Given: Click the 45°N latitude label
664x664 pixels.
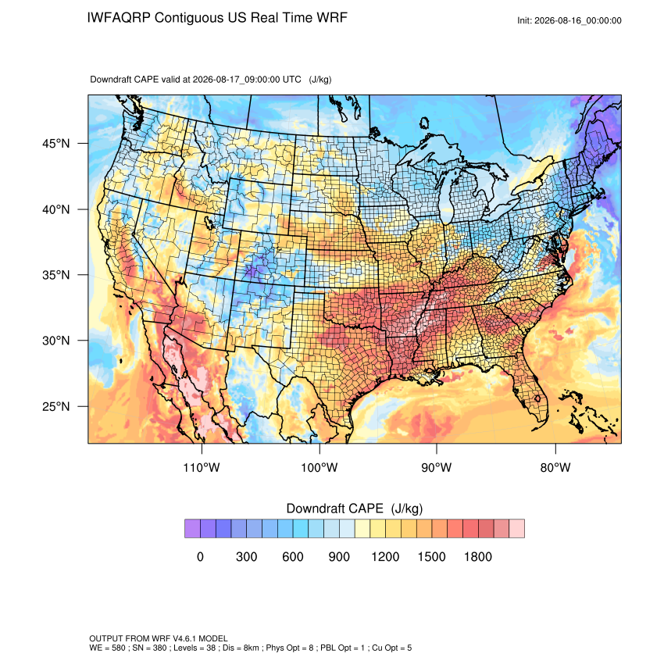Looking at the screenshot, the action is [x=56, y=144].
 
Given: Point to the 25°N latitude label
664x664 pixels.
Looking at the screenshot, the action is [x=56, y=406].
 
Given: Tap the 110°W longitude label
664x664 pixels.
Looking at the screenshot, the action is [x=202, y=467].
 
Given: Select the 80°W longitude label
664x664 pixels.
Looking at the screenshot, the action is [x=555, y=467].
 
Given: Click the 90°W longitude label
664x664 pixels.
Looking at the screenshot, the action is [x=437, y=467].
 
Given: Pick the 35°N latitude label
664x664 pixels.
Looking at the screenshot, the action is [x=56, y=275].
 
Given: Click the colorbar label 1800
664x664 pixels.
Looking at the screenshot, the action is [x=477, y=556].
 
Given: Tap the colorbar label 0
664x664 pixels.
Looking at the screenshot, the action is [x=200, y=556].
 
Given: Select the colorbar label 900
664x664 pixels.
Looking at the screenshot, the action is [x=339, y=556].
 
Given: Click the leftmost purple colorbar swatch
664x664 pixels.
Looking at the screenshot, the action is [x=192, y=529].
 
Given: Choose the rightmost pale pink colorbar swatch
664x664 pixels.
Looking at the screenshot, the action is [x=517, y=529].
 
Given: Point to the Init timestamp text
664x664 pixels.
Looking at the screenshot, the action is [x=569, y=20].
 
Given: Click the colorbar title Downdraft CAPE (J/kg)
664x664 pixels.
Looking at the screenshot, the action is [x=355, y=509].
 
